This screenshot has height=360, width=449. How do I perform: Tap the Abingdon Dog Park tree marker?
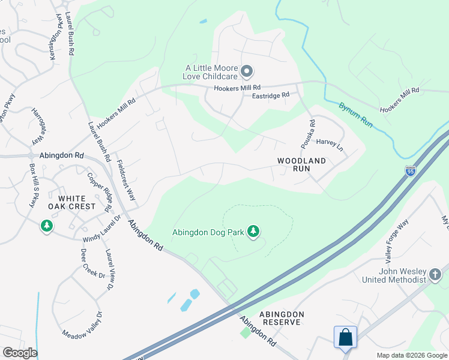click(254, 231)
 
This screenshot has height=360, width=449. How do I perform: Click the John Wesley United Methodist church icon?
click(436, 275)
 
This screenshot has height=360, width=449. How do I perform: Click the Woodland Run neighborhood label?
click(301, 165)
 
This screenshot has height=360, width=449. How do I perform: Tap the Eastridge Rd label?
click(271, 95)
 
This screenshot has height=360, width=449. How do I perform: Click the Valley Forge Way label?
click(393, 232)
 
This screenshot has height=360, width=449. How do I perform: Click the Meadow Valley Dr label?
click(82, 323)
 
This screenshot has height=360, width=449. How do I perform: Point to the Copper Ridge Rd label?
click(100, 192)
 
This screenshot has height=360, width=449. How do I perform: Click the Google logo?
click(20, 353)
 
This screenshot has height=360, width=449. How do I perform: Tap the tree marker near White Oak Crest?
click(46, 226)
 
